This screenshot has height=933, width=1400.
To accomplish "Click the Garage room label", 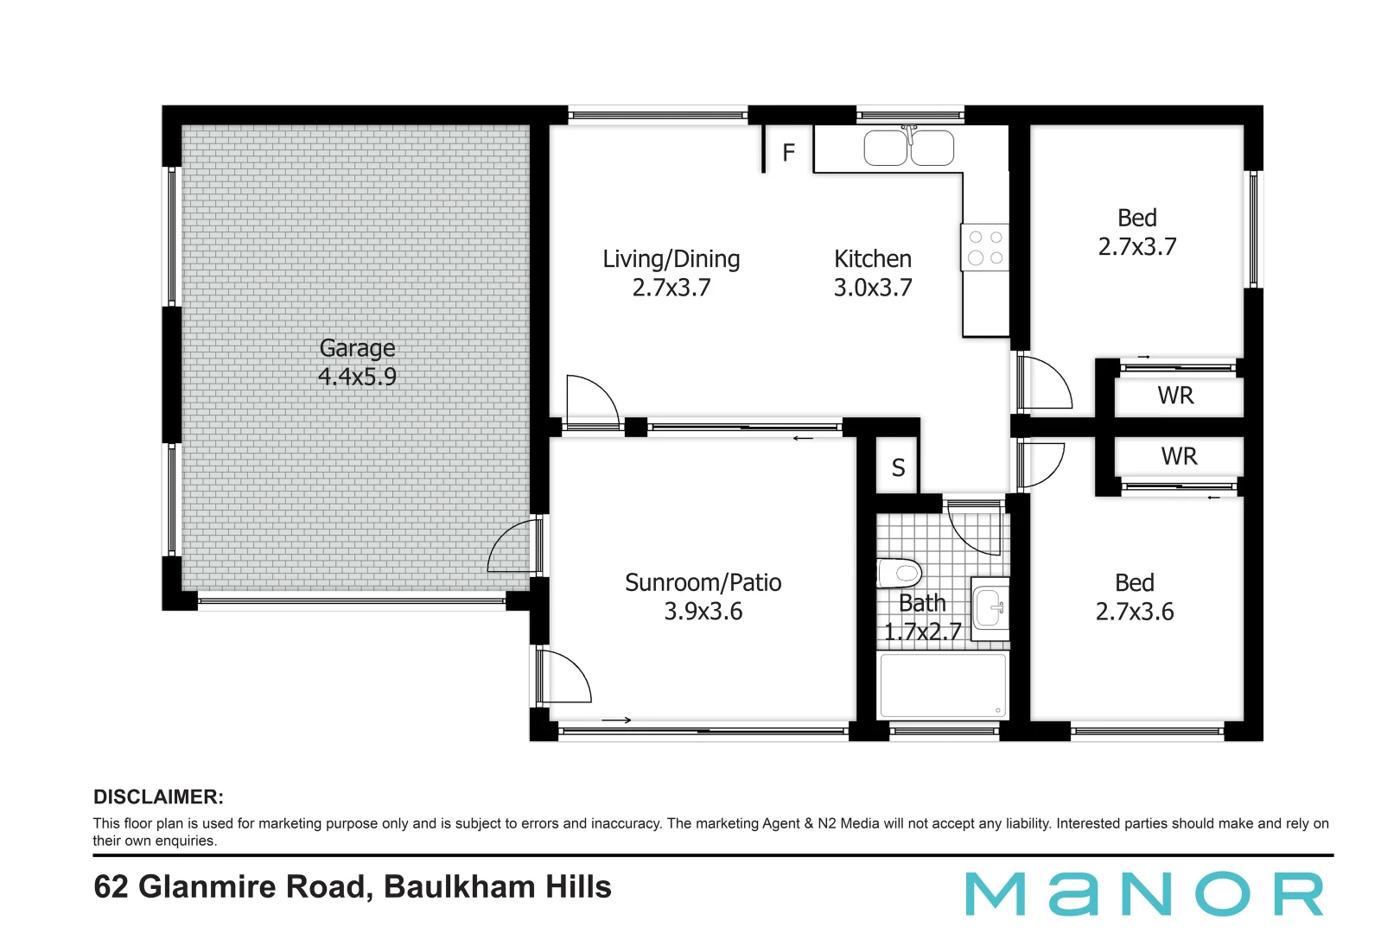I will pyautogui.click(x=357, y=348).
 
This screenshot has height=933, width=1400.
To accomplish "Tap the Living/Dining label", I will pyautogui.click(x=671, y=259).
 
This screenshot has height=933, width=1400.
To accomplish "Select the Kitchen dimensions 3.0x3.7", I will pyautogui.click(x=873, y=288).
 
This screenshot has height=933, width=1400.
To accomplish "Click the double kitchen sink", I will pyautogui.click(x=908, y=148).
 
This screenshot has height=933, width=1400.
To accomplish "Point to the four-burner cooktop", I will pyautogui.click(x=984, y=247).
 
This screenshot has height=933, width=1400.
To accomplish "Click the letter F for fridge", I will pyautogui.click(x=788, y=153).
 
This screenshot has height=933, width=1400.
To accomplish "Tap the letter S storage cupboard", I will pyautogui.click(x=898, y=468).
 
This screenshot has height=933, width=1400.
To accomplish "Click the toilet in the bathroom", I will pyautogui.click(x=900, y=572).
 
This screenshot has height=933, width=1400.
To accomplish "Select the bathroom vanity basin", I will pyautogui.click(x=990, y=606).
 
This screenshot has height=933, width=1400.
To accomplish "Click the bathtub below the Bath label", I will pyautogui.click(x=942, y=685).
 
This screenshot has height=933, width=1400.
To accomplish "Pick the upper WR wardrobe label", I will pyautogui.click(x=1175, y=396).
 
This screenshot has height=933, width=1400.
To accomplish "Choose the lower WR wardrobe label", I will pyautogui.click(x=1179, y=456).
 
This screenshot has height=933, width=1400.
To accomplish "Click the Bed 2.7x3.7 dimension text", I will pyautogui.click(x=1137, y=247).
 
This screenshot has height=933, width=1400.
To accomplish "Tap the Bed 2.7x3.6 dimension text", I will pyautogui.click(x=1135, y=612).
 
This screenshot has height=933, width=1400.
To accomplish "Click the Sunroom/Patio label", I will pyautogui.click(x=703, y=583).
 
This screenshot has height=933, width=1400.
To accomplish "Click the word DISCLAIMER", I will pyautogui.click(x=158, y=797).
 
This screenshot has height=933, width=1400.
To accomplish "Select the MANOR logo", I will pyautogui.click(x=1144, y=894).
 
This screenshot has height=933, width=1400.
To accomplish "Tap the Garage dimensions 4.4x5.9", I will pyautogui.click(x=357, y=377).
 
